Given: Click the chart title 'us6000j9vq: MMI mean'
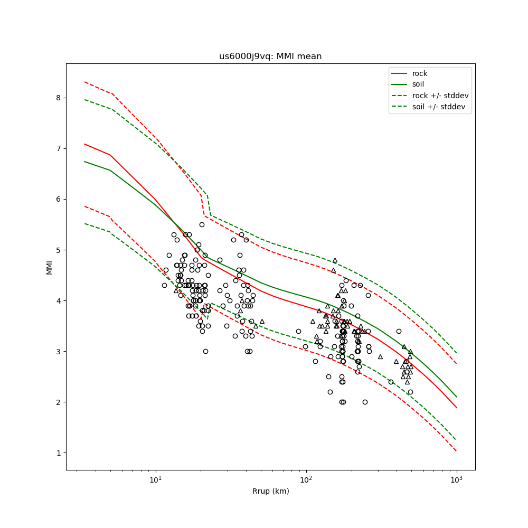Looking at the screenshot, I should click(x=270, y=56).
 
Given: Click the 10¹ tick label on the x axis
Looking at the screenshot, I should click(x=156, y=479).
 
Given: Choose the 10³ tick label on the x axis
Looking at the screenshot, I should click(x=457, y=479).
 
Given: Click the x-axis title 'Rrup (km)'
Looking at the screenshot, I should click(x=270, y=492).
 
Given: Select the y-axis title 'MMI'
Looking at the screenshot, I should click(x=49, y=267).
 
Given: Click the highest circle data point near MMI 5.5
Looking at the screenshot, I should click(x=202, y=224).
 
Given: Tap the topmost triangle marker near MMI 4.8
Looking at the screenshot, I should click(x=335, y=260).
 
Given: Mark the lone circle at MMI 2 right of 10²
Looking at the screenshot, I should click(x=365, y=402).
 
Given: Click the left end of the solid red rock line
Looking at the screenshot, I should click(x=84, y=144).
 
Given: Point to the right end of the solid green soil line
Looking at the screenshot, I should click(x=457, y=397).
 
